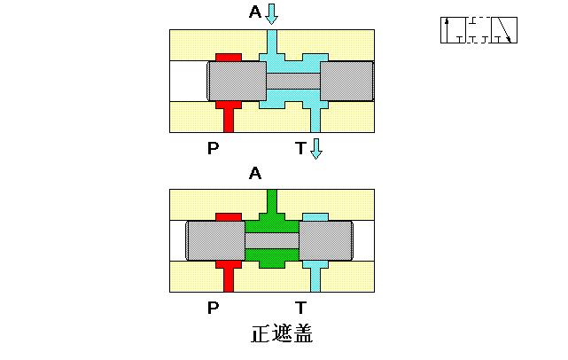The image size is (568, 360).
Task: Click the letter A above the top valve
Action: pos(255,12)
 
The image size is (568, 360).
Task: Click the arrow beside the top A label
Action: pos(272,13)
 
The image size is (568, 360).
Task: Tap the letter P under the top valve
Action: pos(213,148)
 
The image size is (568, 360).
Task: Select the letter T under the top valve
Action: pos(301,148)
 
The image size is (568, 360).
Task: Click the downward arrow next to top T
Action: pos(316,148)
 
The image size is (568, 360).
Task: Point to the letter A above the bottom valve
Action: pos(255,175)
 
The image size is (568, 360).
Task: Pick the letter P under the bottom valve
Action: pos(213,308)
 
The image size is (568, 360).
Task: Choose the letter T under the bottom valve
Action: pos(301,308)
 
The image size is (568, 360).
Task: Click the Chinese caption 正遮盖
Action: pos(282,335)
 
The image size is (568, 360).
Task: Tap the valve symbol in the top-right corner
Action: pos(479,29)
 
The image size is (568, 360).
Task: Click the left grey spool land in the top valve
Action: pos(236,81)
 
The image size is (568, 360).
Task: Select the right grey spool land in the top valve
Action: pos(346,81)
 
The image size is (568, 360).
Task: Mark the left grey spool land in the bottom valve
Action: pos(215,240)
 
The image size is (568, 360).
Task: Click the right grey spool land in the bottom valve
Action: pos(326,240)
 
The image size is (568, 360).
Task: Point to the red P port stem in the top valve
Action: pos(229,117)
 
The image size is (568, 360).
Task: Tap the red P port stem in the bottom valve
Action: pos(229,278)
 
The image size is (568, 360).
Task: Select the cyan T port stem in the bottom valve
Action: pos(315,278)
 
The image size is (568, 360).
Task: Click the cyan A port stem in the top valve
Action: pos(272,41)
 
